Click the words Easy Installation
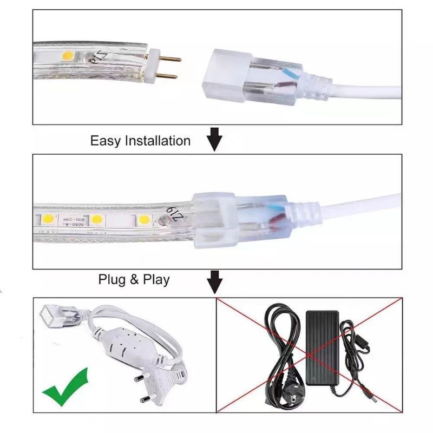(x=140, y=141)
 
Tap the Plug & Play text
(x=134, y=280)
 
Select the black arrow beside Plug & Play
(x=215, y=281)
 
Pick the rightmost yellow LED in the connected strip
(x=144, y=220)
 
